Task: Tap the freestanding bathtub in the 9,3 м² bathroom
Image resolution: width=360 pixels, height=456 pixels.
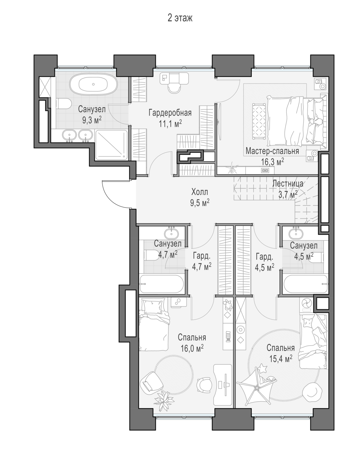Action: [93, 84]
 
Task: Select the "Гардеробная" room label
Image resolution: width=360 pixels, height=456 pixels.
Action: [170, 113]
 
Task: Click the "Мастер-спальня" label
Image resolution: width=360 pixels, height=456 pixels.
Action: [272, 151]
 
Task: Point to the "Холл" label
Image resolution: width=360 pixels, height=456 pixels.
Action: [200, 192]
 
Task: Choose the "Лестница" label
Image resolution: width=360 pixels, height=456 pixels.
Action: [288, 184]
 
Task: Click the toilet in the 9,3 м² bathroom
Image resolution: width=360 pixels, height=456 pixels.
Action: [63, 104]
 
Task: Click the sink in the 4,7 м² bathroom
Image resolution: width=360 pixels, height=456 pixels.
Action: [171, 234]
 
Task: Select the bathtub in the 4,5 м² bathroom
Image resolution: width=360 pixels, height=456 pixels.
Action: [306, 284]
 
